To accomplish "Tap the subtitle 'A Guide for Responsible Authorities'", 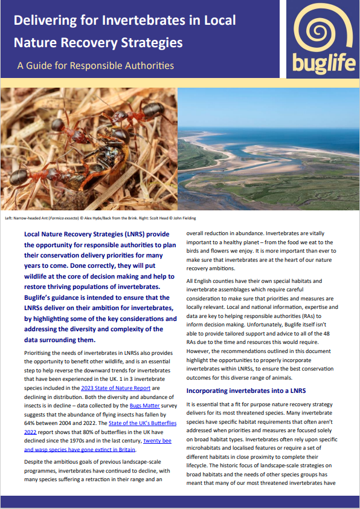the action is [x=95, y=65].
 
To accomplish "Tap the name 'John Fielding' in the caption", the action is [x=184, y=217].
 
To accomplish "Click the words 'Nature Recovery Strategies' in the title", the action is [x=98, y=42].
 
